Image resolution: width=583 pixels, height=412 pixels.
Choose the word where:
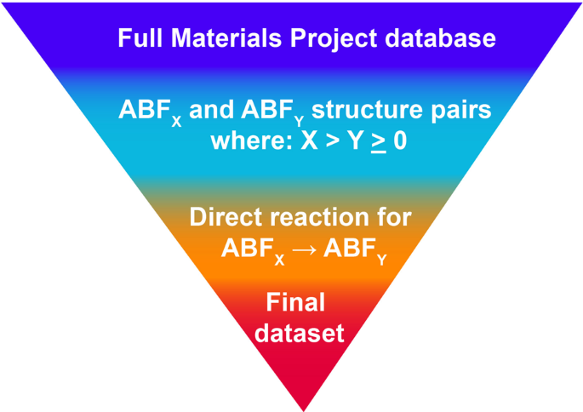(250, 141)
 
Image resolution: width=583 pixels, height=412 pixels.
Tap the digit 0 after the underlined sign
(399, 141)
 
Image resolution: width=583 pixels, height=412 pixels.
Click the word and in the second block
(212, 112)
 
